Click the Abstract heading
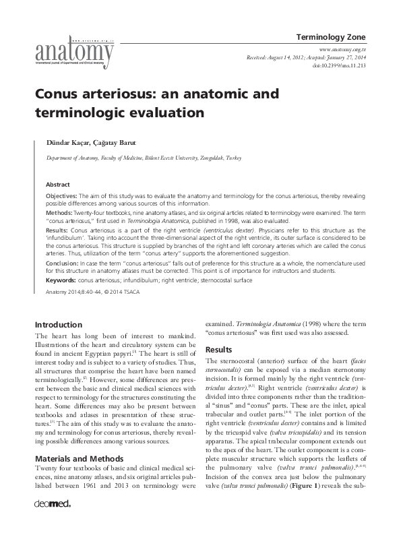point(57,184)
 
